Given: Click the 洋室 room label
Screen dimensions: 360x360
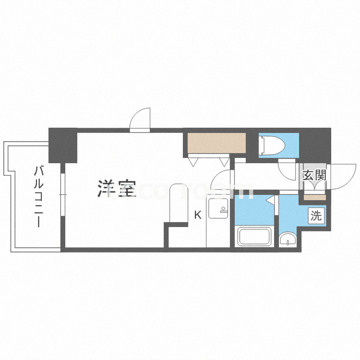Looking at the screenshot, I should [x=116, y=188].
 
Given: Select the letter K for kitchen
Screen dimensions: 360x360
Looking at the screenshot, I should [x=197, y=215].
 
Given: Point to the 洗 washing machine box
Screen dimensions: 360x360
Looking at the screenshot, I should [x=316, y=216].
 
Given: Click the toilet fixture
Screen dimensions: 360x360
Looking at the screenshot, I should [x=272, y=144].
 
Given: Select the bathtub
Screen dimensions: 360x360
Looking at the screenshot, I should [x=254, y=237].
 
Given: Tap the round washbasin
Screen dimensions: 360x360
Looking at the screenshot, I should [x=288, y=239].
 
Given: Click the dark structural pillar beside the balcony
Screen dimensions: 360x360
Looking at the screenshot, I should [x=63, y=145].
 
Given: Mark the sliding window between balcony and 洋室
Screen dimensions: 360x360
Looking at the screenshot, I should [x=62, y=194].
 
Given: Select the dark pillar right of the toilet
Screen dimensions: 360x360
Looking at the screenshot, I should [x=315, y=143].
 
